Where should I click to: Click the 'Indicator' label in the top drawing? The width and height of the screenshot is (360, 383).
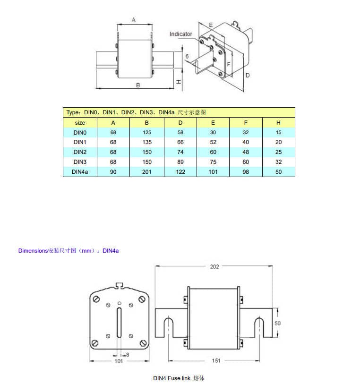click(181, 34)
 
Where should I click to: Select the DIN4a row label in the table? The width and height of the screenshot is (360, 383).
click(80, 172)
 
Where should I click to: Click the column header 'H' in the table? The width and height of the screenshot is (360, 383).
click(278, 123)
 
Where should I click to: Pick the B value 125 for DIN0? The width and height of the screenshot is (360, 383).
click(147, 133)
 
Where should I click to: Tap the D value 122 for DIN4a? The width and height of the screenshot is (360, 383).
click(180, 172)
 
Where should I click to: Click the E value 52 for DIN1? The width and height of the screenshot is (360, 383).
click(213, 142)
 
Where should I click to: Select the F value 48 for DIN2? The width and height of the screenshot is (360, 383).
click(246, 152)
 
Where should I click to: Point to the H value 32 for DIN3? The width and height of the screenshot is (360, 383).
click(278, 162)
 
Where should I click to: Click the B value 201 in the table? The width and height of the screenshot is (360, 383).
click(147, 172)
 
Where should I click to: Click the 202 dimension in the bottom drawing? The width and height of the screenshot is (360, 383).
click(214, 267)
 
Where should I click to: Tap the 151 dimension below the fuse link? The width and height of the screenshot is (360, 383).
click(216, 361)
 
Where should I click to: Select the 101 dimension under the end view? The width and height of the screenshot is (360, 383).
click(119, 361)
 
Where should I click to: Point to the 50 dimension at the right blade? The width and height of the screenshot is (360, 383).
click(277, 323)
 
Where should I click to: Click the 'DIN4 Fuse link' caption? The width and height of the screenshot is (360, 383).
click(179, 378)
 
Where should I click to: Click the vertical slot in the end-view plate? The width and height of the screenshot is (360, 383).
click(119, 323)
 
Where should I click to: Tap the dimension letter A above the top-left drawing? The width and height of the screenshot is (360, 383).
click(134, 20)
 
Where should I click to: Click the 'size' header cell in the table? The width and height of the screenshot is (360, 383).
click(80, 123)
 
